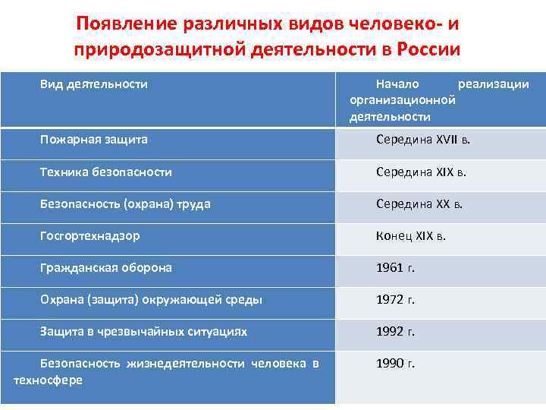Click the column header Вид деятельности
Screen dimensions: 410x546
(x=94, y=84)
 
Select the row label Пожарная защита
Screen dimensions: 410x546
(x=94, y=140)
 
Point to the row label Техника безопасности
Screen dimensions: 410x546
(x=106, y=172)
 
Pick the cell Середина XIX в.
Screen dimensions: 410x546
(x=421, y=172)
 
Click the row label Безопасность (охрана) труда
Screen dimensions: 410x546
(x=125, y=204)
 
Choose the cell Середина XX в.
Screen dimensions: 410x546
(x=419, y=204)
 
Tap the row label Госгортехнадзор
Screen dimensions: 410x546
(x=90, y=236)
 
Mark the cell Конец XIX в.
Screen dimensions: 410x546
(x=411, y=236)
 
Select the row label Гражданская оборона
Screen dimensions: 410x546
(x=106, y=268)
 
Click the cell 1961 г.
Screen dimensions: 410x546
(x=396, y=268)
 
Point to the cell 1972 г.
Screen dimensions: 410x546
(x=396, y=300)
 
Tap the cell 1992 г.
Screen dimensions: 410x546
(x=396, y=332)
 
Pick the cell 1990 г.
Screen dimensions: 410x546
(x=396, y=364)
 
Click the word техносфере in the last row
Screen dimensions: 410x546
(x=48, y=380)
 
